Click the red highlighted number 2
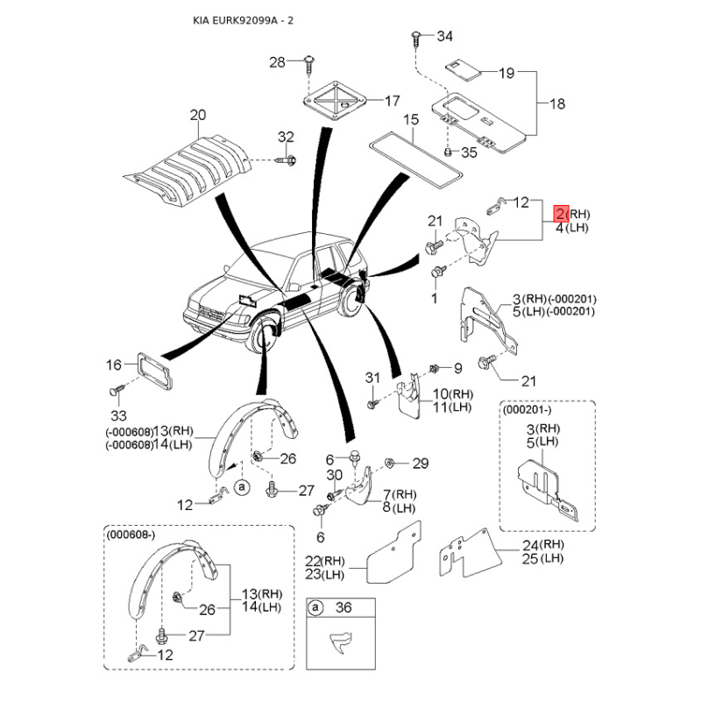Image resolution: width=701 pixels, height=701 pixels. [x=561, y=214]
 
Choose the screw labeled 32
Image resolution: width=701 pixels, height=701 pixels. [x=287, y=159]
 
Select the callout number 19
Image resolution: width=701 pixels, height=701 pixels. [x=506, y=73]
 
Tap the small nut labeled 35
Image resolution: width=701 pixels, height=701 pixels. [x=449, y=152]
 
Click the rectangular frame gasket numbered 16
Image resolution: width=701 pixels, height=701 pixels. [x=154, y=371]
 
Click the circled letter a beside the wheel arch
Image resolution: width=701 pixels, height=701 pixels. [x=242, y=487]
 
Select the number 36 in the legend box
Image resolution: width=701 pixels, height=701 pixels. [x=343, y=607]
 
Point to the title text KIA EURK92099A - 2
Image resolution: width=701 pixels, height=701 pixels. [x=244, y=20]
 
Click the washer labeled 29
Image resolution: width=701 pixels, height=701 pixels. [x=389, y=463]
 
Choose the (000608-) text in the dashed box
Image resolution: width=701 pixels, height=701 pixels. [x=131, y=535]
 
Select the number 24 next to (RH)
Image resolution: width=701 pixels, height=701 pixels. [x=530, y=545]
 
